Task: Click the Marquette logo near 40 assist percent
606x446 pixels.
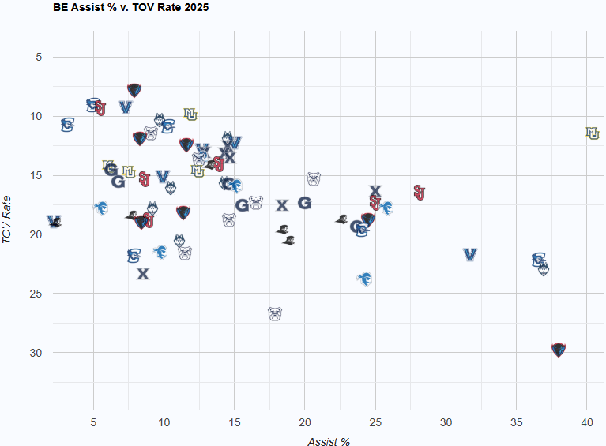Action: [x=593, y=133]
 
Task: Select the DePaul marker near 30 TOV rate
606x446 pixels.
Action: [x=559, y=350]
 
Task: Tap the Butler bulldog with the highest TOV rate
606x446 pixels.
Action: [x=275, y=314]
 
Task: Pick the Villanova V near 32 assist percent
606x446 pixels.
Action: [x=470, y=255]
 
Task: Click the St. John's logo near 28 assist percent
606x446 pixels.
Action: [x=420, y=193]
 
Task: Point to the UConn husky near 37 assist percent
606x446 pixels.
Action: [x=544, y=269]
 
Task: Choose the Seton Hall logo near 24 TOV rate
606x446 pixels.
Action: [x=365, y=279]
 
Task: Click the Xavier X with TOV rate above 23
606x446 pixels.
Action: [x=143, y=274]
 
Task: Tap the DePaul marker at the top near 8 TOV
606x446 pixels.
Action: [x=134, y=90]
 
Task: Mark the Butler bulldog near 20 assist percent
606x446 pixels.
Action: [x=314, y=178]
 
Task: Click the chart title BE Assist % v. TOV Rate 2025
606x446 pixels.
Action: [x=131, y=7]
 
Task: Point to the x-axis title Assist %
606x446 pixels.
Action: [x=329, y=441]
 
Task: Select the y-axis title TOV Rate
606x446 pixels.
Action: [x=8, y=219]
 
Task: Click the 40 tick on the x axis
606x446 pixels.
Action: [x=586, y=422]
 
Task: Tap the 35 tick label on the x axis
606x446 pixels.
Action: [x=516, y=422]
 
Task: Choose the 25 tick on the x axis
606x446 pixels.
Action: [x=375, y=422]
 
